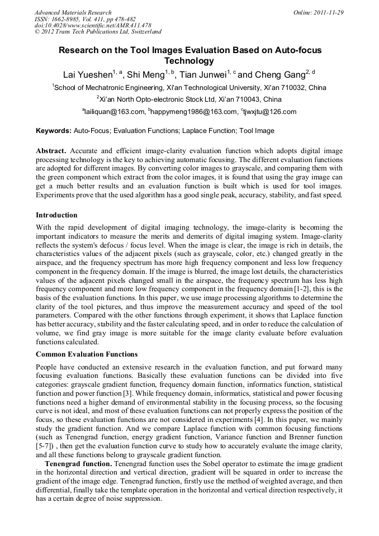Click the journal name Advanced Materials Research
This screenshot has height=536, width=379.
coord(73,12)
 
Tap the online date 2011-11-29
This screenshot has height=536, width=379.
coord(329,12)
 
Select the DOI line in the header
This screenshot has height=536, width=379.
coord(93,26)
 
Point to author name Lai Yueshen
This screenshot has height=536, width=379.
coord(87,74)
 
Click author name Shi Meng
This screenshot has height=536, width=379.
coord(145,74)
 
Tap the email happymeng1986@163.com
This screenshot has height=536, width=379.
coord(190,112)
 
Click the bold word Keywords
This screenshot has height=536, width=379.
coord(53,131)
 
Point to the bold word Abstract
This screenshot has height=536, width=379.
coord(51,151)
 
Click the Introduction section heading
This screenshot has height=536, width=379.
coord(56,215)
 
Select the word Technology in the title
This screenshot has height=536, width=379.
coord(189,61)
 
